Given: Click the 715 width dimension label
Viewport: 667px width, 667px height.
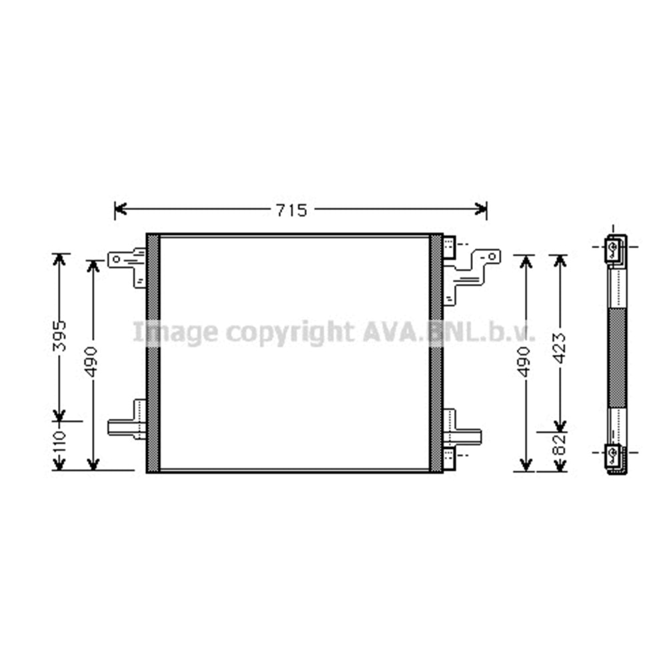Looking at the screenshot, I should click(291, 210).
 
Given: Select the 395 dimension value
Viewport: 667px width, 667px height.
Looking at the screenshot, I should click(60, 336).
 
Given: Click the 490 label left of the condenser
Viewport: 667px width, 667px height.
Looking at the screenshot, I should click(92, 360).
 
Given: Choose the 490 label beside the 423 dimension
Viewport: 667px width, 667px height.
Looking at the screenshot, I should click(526, 360).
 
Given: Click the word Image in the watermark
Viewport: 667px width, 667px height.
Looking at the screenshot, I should click(175, 331).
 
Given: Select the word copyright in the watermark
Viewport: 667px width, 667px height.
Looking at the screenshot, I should click(289, 331).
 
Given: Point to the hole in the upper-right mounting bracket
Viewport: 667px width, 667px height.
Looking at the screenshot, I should click(492, 255).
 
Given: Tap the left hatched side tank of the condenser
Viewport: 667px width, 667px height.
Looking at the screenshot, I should click(153, 353).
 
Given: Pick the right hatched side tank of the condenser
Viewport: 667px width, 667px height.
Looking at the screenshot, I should click(436, 353).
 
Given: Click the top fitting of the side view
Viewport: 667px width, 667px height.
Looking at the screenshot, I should click(614, 249).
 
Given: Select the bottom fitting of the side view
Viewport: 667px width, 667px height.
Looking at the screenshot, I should click(614, 456).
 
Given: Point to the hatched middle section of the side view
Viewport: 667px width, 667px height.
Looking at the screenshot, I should click(617, 358).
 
